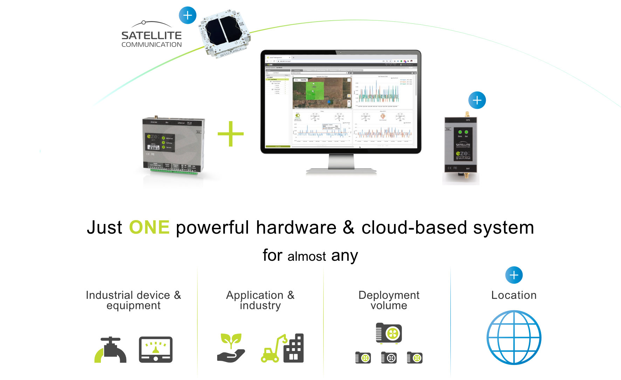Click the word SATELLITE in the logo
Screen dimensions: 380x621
click(x=151, y=35)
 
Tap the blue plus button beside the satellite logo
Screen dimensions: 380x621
click(x=188, y=15)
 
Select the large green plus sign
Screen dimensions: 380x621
click(x=230, y=134)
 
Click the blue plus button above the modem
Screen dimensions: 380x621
click(x=477, y=100)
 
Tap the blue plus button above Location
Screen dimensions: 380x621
click(x=514, y=275)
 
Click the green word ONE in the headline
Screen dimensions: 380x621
click(x=149, y=227)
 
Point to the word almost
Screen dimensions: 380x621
click(x=306, y=256)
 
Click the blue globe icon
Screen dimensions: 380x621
click(x=514, y=337)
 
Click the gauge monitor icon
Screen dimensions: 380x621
click(x=156, y=350)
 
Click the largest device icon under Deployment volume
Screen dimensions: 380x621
click(x=389, y=333)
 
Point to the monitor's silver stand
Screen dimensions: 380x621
click(x=341, y=164)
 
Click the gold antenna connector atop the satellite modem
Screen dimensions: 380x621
click(x=467, y=114)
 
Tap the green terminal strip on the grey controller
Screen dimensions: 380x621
click(x=173, y=171)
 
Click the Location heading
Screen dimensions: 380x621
click(x=514, y=295)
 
